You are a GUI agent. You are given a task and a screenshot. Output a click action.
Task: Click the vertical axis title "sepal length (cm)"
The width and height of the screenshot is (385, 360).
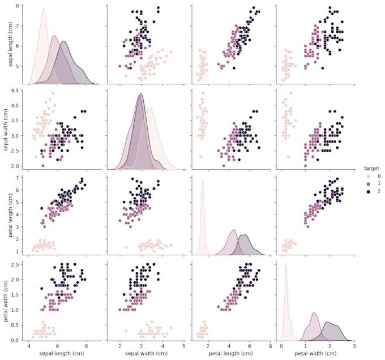click(x=5, y=44)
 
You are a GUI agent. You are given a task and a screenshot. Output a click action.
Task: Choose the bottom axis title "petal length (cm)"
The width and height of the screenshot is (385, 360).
click(x=230, y=354)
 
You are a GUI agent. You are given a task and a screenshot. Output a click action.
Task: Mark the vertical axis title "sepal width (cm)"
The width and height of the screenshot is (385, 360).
click(x=5, y=130)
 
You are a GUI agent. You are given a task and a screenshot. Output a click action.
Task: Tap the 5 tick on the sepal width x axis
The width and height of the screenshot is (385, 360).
click(x=184, y=345)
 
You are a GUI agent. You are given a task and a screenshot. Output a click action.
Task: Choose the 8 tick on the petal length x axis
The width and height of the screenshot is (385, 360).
click(x=271, y=345)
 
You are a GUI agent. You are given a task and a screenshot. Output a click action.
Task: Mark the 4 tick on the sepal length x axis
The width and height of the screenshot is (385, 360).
click(x=29, y=345)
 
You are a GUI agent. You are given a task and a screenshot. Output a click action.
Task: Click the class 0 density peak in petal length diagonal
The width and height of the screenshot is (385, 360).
click(x=202, y=179)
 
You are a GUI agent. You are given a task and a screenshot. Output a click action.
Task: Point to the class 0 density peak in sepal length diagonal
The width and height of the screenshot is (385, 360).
click(x=44, y=8)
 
